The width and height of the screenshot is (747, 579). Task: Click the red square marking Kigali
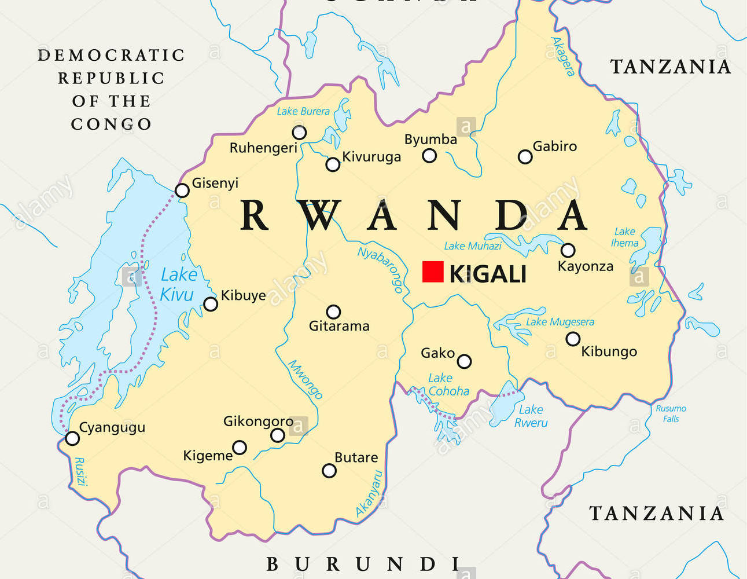pyautogui.click(x=433, y=272)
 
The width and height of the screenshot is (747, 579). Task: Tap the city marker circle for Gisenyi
pyautogui.click(x=182, y=190)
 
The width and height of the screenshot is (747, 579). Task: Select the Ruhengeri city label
pyautogui.click(x=263, y=148)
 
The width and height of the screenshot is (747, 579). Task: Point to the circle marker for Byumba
pyautogui.click(x=429, y=155)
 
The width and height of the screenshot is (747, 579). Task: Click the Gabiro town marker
pyautogui.click(x=525, y=157)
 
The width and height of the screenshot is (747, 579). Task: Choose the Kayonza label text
pyautogui.click(x=585, y=266)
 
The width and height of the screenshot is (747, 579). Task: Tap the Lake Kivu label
pyautogui.click(x=178, y=284)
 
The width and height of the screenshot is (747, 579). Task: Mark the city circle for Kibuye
pyautogui.click(x=211, y=304)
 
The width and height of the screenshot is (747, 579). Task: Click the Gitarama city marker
pyautogui.click(x=333, y=312)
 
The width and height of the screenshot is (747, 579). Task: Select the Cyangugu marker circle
pyautogui.click(x=72, y=438)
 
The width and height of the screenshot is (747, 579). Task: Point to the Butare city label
pyautogui.click(x=356, y=457)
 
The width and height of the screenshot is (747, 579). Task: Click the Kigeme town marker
pyautogui.click(x=240, y=448)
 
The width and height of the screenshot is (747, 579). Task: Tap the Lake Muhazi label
pyautogui.click(x=472, y=246)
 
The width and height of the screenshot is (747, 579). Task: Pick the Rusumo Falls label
pyautogui.click(x=671, y=413)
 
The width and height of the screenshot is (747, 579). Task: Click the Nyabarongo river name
pyautogui.click(x=380, y=269)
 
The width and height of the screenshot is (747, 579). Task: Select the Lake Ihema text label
pyautogui.click(x=624, y=237)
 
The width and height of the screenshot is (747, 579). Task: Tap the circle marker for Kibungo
pyautogui.click(x=573, y=339)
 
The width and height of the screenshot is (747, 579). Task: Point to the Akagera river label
pyautogui.click(x=563, y=56)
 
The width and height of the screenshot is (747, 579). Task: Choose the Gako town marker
pyautogui.click(x=464, y=362)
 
